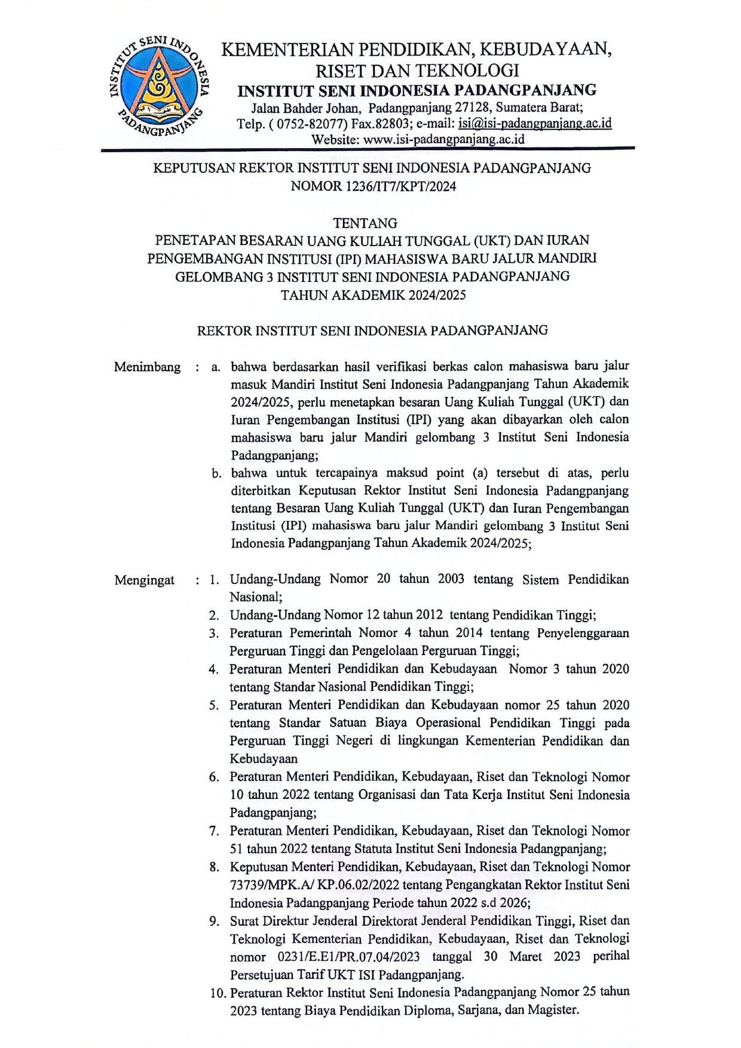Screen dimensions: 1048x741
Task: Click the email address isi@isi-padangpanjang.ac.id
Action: tap(535, 124)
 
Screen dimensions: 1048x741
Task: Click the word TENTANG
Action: tap(365, 223)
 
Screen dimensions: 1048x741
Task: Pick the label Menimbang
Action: tap(147, 367)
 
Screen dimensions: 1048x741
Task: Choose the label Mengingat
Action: tap(145, 580)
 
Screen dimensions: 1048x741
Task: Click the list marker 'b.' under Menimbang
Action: tap(216, 474)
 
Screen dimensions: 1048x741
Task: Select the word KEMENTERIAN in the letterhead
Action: tap(287, 50)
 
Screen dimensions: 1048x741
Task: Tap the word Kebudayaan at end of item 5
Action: tap(264, 759)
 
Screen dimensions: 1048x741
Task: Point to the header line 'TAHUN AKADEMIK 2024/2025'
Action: tap(373, 294)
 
